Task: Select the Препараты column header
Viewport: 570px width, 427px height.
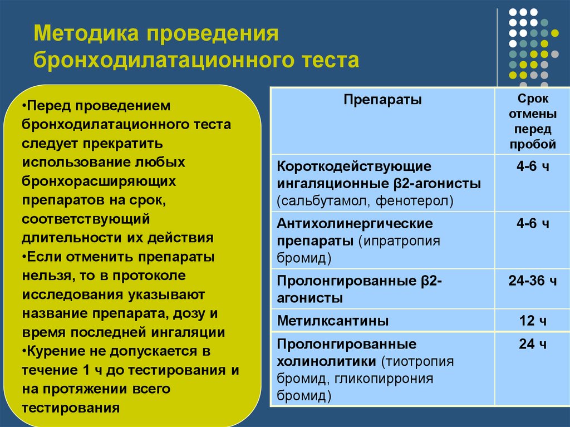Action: [x=382, y=100]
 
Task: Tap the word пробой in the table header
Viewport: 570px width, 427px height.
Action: [x=533, y=144]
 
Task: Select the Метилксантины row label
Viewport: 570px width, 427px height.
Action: [x=333, y=321]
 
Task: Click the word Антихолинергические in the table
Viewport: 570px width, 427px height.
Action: [x=355, y=224]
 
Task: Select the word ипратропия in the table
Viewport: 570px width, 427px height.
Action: [x=402, y=242]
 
